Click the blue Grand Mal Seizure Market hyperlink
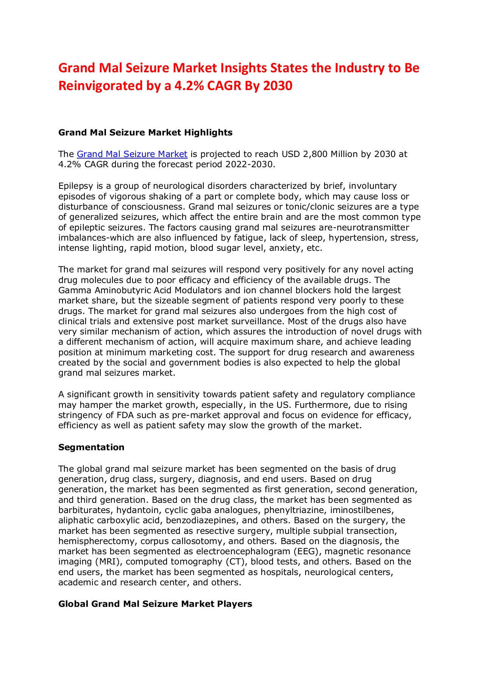[x=132, y=154]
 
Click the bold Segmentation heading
[x=91, y=447]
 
